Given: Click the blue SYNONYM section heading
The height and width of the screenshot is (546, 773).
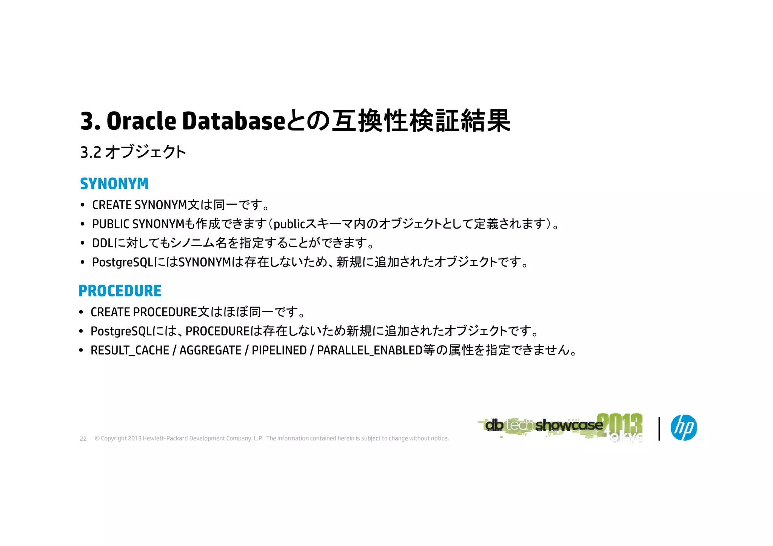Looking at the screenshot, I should coord(114,184).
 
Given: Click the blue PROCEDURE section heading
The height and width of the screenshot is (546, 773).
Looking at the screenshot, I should coord(120,291).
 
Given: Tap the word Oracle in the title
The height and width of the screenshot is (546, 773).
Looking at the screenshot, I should coord(141,121).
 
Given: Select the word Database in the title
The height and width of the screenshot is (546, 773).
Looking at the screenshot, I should coord(234,121).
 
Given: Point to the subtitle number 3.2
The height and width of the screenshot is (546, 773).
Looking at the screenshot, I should coord(91,152).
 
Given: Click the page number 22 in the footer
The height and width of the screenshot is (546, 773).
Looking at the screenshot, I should coord(83,439).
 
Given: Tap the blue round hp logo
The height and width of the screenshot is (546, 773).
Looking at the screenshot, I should coord(684,428).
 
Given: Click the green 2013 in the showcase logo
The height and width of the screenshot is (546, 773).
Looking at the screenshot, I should coord(620,424).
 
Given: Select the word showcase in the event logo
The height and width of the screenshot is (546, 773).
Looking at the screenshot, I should coord(569,425).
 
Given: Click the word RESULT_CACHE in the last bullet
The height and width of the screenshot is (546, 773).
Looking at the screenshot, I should coord(130,350).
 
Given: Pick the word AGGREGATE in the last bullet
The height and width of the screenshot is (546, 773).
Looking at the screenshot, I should coord(210,350).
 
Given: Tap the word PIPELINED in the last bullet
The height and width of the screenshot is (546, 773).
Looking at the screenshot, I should coord(279,350).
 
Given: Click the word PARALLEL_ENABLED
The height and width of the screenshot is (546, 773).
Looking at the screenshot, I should coord(370,350).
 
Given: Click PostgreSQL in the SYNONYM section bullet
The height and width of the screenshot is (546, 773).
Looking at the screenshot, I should coord(123,262).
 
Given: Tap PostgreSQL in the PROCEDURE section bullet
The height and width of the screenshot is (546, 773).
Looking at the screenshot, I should coord(121,331).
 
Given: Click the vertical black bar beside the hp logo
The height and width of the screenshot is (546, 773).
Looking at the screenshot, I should coord(659,428).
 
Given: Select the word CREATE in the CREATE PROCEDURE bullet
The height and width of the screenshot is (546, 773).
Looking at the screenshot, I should coord(110,312).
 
